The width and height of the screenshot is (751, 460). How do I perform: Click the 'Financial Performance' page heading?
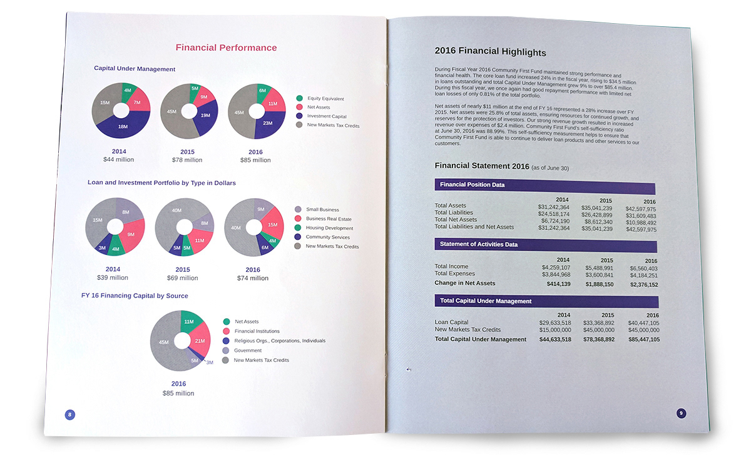226,48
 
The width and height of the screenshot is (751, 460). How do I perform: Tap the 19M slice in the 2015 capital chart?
205,115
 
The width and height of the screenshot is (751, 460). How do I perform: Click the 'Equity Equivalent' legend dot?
299,98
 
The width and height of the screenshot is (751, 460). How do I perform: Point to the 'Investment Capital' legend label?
326,116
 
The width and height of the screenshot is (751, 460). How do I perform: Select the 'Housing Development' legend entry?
329,228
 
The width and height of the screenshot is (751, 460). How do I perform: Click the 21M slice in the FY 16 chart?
199,341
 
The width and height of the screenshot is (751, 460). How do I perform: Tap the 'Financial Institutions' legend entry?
257,331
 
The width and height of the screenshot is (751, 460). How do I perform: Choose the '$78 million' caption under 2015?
187,160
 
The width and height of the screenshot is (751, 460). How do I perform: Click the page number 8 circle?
69,414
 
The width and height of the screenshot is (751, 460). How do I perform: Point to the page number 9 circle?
682,412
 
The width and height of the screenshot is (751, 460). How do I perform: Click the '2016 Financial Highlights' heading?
490,52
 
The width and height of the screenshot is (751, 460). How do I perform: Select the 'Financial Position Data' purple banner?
544,186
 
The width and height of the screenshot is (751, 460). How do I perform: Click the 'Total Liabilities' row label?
455,212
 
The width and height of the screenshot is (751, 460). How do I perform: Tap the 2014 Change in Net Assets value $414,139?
554,284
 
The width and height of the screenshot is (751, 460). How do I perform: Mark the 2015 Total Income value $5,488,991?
599,268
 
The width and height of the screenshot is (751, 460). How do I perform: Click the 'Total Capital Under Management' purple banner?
546,301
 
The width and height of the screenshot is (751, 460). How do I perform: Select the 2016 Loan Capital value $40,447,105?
643,322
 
